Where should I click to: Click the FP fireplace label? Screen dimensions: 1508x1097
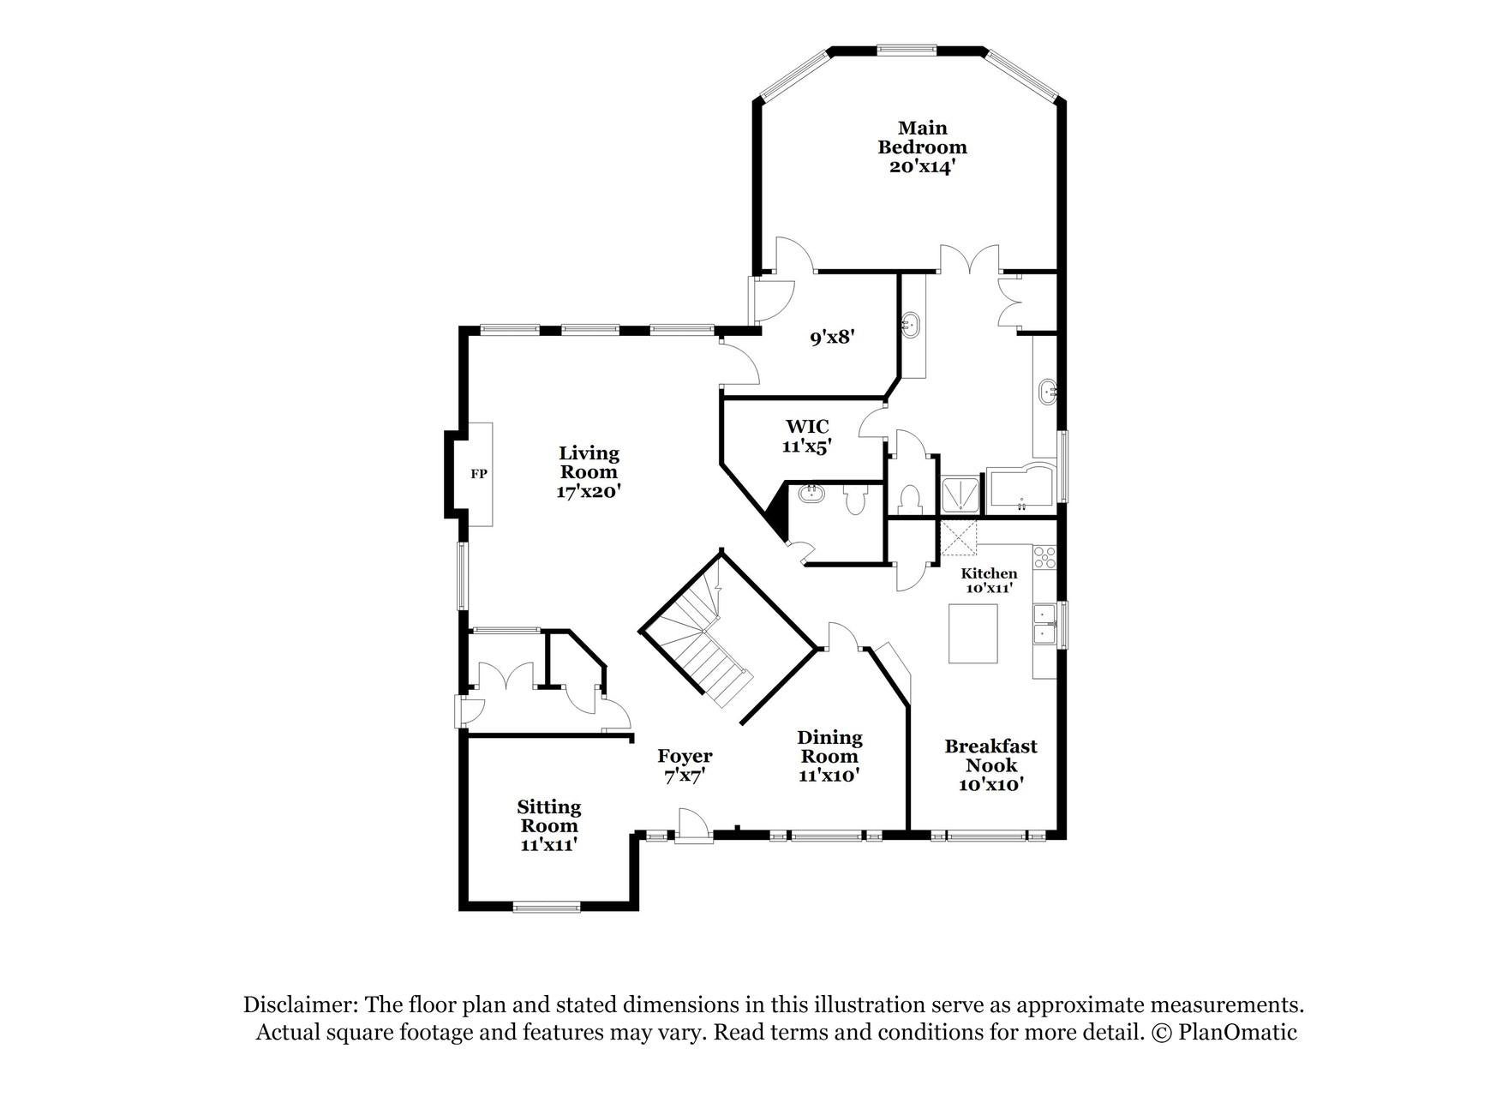click(x=479, y=473)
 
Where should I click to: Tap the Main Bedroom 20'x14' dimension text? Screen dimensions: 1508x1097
click(x=922, y=166)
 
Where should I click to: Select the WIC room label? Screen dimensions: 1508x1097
click(x=807, y=426)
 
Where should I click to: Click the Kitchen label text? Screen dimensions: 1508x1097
click(x=989, y=573)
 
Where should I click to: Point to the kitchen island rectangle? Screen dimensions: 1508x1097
click(x=973, y=633)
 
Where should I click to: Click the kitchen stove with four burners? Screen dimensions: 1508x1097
click(x=1044, y=558)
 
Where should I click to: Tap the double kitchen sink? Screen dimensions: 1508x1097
click(x=1044, y=624)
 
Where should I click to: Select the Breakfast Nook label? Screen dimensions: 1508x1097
click(x=991, y=755)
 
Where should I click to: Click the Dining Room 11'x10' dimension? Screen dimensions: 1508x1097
click(x=829, y=776)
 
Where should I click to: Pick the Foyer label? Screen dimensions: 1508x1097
click(x=685, y=756)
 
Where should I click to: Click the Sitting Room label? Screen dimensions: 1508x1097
click(x=549, y=816)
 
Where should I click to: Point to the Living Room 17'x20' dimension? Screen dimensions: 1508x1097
click(x=589, y=492)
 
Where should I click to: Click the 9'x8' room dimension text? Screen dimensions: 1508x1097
click(x=834, y=338)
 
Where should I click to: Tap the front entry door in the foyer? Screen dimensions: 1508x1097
click(x=693, y=825)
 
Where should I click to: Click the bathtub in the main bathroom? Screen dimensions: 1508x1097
click(x=1022, y=489)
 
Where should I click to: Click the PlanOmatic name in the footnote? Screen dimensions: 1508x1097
click(x=1237, y=1032)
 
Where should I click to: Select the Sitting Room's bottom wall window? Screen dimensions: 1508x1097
click(x=547, y=907)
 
